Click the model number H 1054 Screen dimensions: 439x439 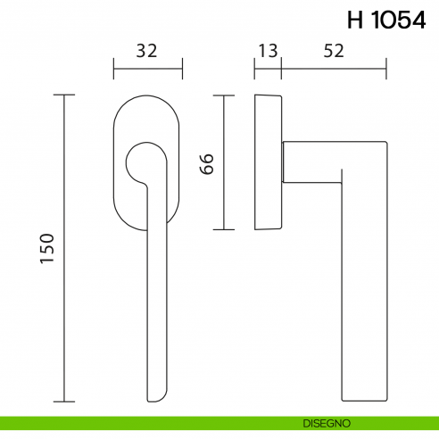385,21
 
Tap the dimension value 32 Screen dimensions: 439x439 147,51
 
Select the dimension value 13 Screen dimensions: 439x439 267,51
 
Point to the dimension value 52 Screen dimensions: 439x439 333,51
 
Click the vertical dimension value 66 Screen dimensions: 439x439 206,162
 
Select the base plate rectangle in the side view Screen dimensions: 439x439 268,161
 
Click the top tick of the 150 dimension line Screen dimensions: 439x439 64,93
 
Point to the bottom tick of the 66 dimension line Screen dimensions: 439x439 223,229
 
